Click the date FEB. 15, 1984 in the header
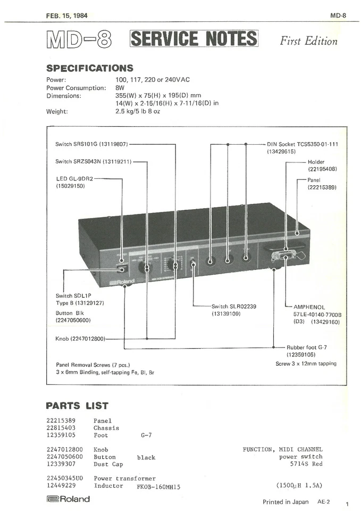pos(67,15)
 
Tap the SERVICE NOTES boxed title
pos(194,39)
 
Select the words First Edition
pos(308,41)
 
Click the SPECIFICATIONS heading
pos(89,68)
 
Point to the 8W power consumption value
pos(120,88)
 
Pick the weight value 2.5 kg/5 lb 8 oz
pos(138,112)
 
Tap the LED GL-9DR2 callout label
pos(74,178)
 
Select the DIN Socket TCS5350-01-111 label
pos(302,144)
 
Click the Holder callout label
pos(316,162)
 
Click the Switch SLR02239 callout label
pos(234,307)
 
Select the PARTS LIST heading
pos(77,406)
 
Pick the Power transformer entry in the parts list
pos(125,479)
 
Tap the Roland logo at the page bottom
pos(68,499)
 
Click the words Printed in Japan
pos(286,501)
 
